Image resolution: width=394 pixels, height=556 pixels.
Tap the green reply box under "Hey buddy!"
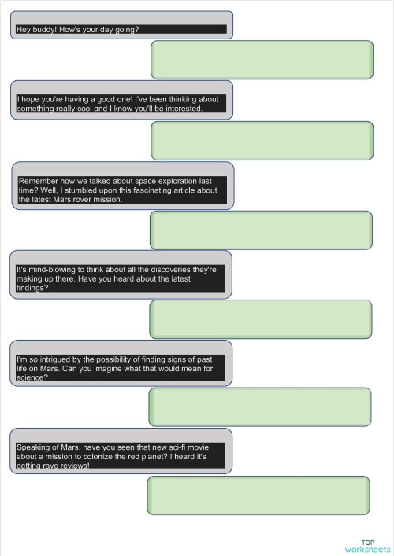[x=262, y=60]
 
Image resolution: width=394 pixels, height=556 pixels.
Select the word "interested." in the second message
[x=182, y=109]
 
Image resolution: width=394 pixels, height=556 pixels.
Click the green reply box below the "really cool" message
[x=262, y=141]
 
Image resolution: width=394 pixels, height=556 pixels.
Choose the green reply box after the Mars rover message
[x=261, y=230]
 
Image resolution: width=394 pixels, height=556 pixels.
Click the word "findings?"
[x=33, y=288]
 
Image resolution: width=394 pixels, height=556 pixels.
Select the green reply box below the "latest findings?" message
[x=260, y=319]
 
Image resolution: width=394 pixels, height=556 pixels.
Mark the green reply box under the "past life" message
[x=259, y=407]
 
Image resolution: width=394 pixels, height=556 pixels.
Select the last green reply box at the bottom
[x=258, y=495]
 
